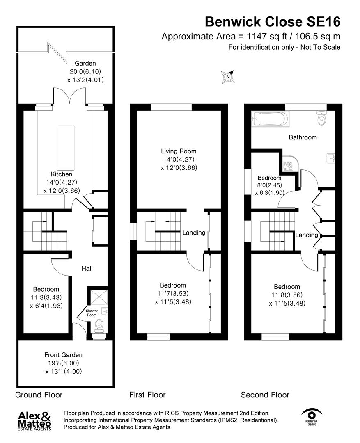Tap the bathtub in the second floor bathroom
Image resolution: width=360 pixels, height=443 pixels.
click(x=270, y=119)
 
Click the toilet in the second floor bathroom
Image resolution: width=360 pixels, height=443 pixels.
click(x=321, y=119)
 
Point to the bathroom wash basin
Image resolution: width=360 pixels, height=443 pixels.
click(x=331, y=157)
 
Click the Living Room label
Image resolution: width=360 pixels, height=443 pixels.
click(x=178, y=151)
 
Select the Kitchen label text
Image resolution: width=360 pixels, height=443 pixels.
click(x=61, y=174)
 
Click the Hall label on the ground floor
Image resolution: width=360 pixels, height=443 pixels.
click(x=87, y=269)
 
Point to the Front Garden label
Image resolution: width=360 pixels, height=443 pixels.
click(x=64, y=355)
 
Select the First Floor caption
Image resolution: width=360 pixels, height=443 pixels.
click(x=147, y=395)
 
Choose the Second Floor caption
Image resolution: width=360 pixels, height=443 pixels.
click(x=265, y=395)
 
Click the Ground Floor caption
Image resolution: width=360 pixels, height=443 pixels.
click(x=39, y=395)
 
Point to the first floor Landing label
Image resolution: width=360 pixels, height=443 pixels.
click(x=194, y=233)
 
